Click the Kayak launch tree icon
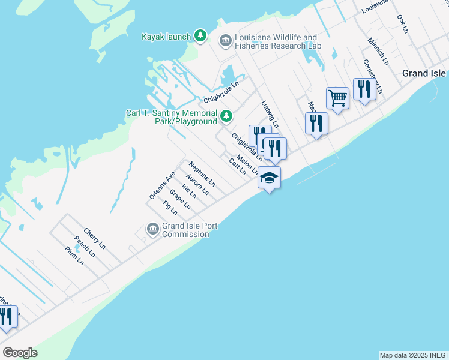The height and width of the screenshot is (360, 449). click(x=200, y=37)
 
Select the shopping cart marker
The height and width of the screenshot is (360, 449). click(x=337, y=98)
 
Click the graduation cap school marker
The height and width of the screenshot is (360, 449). click(x=270, y=178)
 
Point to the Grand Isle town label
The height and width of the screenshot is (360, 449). click(x=424, y=73)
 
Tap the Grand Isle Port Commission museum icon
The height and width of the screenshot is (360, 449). click(x=152, y=229)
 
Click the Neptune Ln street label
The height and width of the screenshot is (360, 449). click(x=202, y=172)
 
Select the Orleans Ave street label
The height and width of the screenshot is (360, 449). click(x=162, y=185)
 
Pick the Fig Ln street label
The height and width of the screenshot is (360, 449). click(x=170, y=208)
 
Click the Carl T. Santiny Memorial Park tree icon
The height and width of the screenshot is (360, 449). click(x=226, y=116)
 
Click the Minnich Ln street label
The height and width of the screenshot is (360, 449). click(x=378, y=53)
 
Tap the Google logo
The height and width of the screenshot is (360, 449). click(x=19, y=353)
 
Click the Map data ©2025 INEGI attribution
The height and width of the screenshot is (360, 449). click(x=414, y=355)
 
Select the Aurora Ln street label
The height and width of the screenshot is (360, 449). click(x=197, y=185)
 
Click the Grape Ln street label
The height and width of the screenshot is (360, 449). click(x=180, y=199)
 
